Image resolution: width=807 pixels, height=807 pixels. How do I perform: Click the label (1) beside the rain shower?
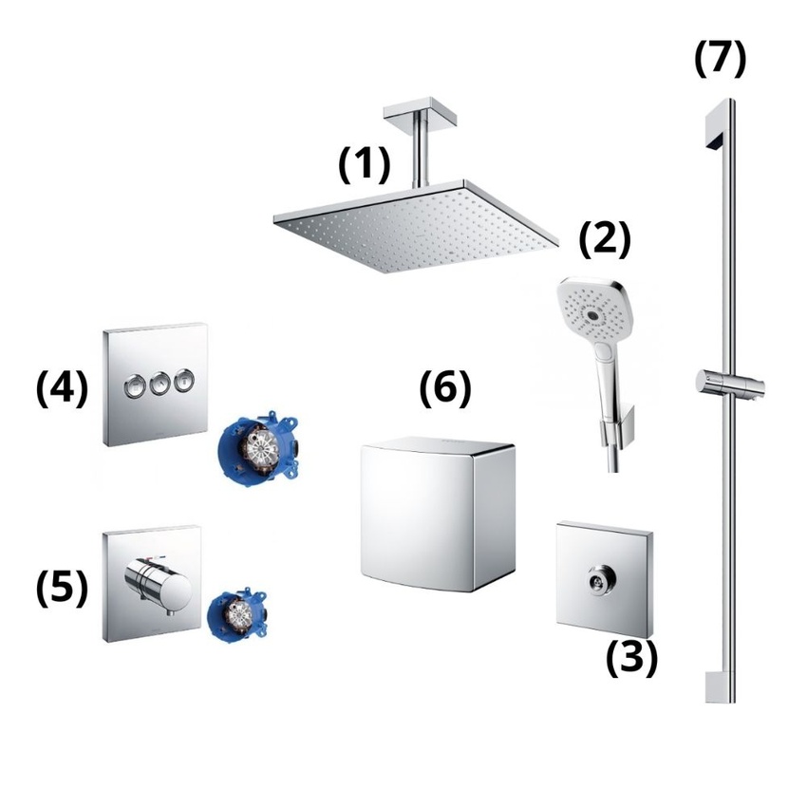pyautogui.click(x=365, y=163)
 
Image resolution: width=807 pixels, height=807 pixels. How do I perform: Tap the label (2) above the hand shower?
pyautogui.click(x=605, y=241)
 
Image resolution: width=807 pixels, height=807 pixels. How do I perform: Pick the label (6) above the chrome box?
pyautogui.click(x=445, y=387)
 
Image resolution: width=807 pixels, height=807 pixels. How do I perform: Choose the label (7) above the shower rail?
pyautogui.click(x=721, y=58)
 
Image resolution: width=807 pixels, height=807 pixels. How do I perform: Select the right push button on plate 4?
pyautogui.click(x=184, y=382)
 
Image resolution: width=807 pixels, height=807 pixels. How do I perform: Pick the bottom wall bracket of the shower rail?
pyautogui.click(x=721, y=686)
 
